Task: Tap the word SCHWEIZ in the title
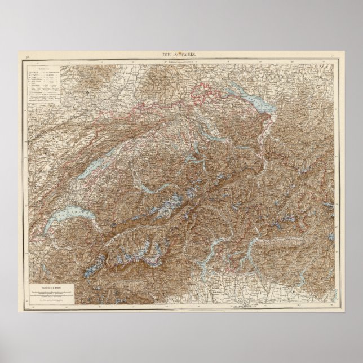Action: tap(187, 54)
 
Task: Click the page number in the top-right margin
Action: tap(333, 55)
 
